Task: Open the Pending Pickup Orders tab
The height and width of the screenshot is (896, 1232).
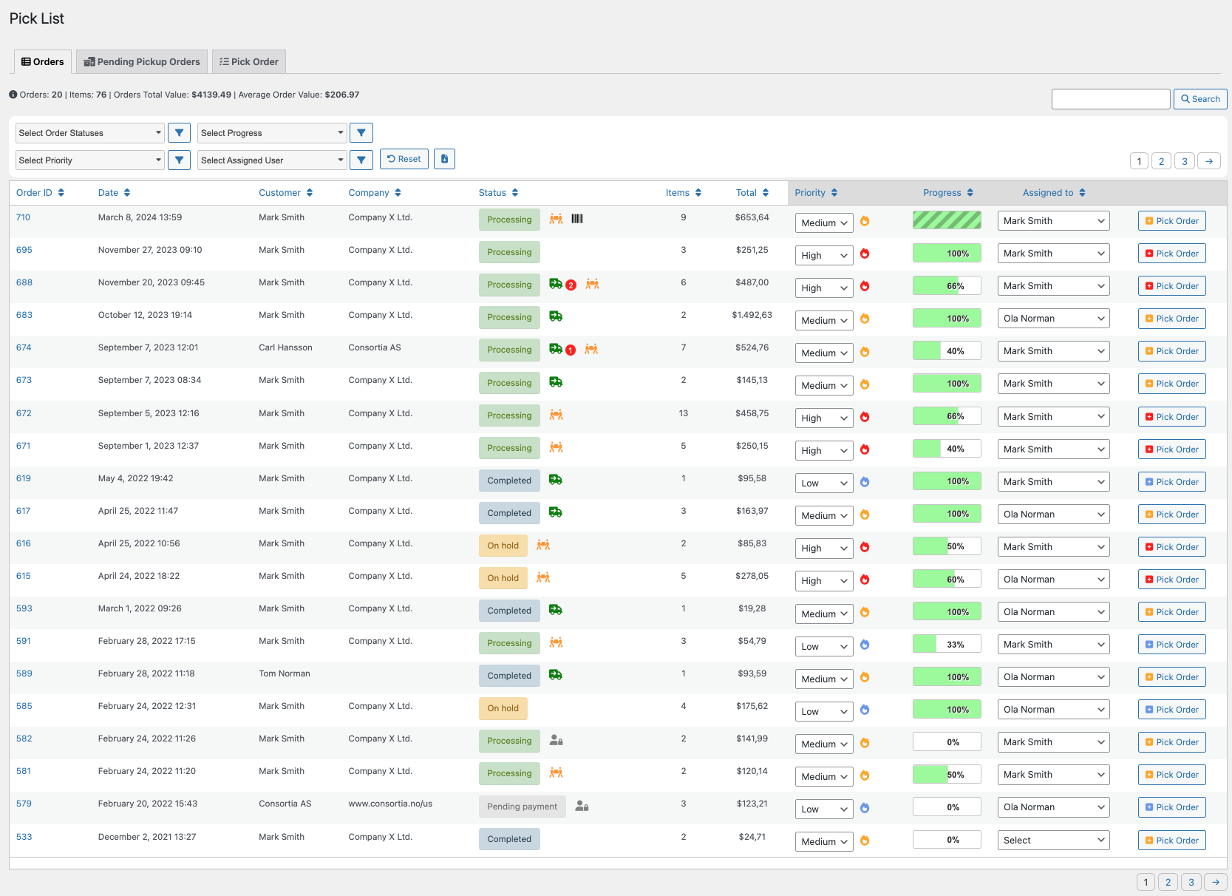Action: (141, 61)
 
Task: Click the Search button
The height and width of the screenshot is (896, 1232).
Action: (1199, 99)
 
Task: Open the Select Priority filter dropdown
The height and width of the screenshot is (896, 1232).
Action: (89, 160)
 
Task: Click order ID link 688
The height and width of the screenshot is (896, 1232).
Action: (24, 282)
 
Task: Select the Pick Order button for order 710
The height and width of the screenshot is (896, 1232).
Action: (1171, 220)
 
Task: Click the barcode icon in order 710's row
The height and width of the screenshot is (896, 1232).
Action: (577, 219)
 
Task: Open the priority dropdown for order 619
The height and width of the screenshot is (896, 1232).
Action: (823, 483)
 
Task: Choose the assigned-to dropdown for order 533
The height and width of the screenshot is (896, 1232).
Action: (1053, 840)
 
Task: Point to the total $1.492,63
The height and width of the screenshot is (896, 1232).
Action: (752, 315)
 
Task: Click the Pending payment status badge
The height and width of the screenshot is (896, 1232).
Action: (522, 807)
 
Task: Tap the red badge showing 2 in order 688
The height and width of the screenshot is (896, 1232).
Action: (571, 285)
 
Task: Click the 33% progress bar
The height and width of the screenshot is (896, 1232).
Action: (947, 644)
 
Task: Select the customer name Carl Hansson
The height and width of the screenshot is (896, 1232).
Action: (285, 347)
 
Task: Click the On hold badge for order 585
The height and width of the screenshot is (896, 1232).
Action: (503, 708)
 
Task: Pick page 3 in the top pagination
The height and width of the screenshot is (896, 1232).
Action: (1184, 161)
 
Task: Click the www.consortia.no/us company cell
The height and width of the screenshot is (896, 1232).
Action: (390, 803)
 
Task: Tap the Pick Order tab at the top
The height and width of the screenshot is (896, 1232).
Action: (248, 61)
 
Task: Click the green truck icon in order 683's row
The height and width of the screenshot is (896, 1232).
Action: (556, 316)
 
